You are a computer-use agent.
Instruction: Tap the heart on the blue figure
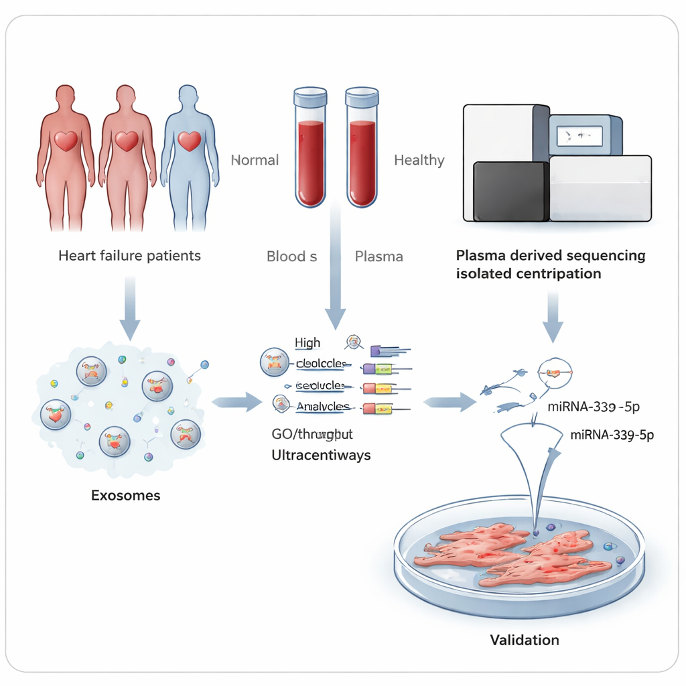(x=190, y=141)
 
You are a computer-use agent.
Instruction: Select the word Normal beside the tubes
(x=255, y=160)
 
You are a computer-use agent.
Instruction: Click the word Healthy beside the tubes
(x=419, y=160)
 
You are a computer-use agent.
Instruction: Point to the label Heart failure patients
(x=129, y=255)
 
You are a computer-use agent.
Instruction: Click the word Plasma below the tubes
(x=379, y=256)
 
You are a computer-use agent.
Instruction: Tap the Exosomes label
(x=126, y=496)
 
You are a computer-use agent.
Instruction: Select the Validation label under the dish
(x=524, y=640)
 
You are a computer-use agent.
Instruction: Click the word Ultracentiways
(x=321, y=455)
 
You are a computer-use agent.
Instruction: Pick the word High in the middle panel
(x=307, y=343)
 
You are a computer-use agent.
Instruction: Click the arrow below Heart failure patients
(x=130, y=308)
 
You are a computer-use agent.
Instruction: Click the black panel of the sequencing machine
(x=510, y=192)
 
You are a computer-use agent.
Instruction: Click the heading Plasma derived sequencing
(x=550, y=256)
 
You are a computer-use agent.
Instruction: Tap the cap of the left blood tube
(x=310, y=97)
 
